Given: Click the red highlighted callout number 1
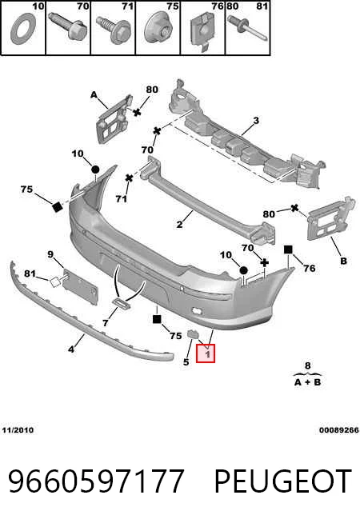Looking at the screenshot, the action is coord(207,353).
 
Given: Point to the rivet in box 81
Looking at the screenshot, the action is coord(247,29).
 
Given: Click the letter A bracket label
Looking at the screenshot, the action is coord(94,95).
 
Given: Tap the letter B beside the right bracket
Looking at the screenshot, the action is coord(343,261).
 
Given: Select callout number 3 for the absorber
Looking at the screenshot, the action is coord(256,120).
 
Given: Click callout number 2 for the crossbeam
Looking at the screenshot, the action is coord(179,224).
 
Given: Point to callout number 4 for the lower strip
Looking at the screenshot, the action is coord(71,349).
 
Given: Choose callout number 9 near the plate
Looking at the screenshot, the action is coord(50,254).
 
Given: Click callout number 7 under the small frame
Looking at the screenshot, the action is coord(106,323).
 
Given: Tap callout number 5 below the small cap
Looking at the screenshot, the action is coord(186,361).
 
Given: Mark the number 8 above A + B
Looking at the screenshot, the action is coord(308,366).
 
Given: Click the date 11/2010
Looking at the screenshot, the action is coord(18,430).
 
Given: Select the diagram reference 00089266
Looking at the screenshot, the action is coord(339,430).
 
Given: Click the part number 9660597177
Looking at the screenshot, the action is coord(96,481).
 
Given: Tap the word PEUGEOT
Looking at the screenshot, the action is coord(283,481).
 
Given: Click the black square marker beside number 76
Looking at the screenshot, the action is coord(288,250).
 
